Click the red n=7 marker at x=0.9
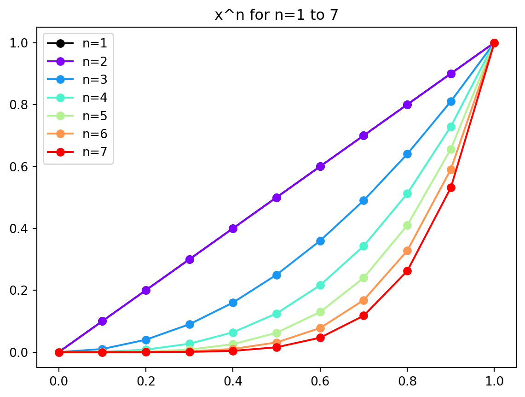pos(451,187)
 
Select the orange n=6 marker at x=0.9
pos(451,169)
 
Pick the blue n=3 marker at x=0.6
pos(320,241)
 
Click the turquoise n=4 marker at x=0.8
pos(407,193)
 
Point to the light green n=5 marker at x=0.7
pos(363,278)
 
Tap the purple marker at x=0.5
pos(277,198)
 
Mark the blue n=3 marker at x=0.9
pos(451,101)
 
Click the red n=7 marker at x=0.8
pos(407,271)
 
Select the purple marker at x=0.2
pos(146,290)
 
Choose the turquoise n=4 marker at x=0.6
pos(320,285)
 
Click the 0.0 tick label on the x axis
pos(59,382)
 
